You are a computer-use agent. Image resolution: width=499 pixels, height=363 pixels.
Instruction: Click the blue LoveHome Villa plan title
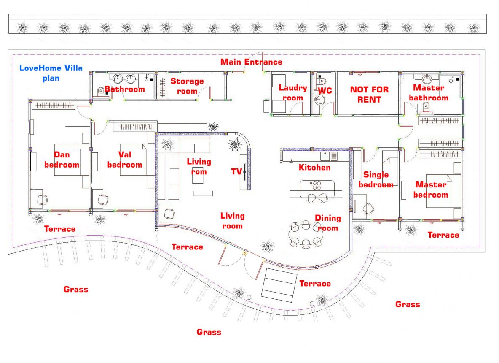pos(51,73)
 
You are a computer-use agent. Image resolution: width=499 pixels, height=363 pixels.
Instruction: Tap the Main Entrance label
pos(252,62)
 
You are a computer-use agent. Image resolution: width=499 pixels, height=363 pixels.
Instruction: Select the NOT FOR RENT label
pos(369,94)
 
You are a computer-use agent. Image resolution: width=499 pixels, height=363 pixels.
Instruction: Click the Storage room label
pos(187,86)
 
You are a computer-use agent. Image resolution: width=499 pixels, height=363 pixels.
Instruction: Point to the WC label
pos(325,90)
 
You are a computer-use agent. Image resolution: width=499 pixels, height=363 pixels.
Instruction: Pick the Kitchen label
pos(314,167)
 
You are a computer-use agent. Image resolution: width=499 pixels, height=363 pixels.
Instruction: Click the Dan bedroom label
pos(62,160)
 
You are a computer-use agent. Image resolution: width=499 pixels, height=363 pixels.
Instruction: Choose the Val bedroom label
pos(125,160)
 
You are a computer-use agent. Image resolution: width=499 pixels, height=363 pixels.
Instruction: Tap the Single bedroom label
pos(376,180)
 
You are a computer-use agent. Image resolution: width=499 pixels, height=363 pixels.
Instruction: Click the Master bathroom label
pos(428,93)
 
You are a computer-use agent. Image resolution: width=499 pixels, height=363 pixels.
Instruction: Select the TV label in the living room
pos(236,171)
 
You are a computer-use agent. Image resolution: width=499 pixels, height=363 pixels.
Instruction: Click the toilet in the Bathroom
pos(101,92)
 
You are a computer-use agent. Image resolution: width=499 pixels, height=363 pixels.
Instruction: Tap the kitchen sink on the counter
pos(325,156)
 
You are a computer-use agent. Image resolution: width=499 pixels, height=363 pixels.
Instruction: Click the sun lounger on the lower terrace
pos(279,285)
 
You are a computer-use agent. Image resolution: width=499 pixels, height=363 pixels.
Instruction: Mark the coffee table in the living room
pos(203,193)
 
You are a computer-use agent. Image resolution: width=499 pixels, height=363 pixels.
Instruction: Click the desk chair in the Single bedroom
pos(368,209)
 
